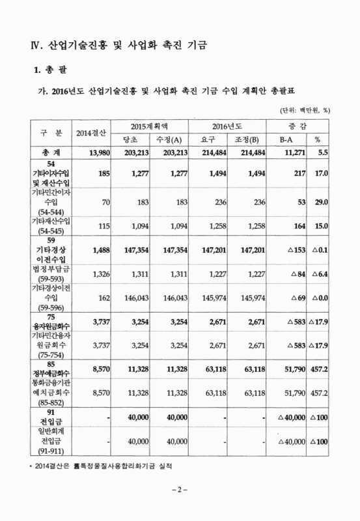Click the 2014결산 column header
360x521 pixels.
point(88,133)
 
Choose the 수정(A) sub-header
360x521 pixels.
point(166,139)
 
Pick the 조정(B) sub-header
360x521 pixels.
point(247,139)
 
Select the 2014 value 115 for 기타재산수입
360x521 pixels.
point(100,226)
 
